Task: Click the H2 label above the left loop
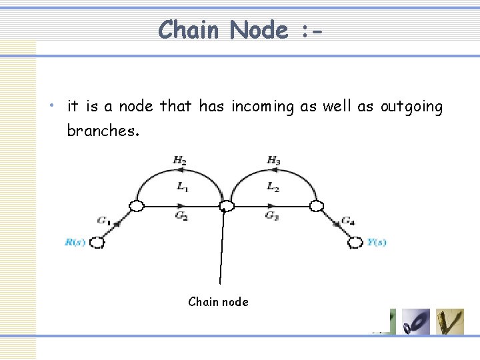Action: (179, 160)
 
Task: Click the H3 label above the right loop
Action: (273, 160)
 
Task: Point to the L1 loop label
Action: (182, 187)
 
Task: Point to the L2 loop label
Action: (273, 187)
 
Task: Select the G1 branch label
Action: (103, 219)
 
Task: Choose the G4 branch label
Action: (348, 219)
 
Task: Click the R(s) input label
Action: (75, 242)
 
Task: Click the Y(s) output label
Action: (377, 242)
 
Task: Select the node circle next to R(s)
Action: (97, 242)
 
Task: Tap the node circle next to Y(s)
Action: (355, 242)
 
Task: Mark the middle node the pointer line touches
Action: (227, 206)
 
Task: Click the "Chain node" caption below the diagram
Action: (218, 302)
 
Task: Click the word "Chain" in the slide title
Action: (190, 30)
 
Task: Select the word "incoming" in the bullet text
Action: (262, 106)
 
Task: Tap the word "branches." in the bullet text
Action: (103, 131)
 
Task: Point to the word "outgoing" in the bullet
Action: (411, 107)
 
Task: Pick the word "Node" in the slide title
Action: (260, 30)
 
